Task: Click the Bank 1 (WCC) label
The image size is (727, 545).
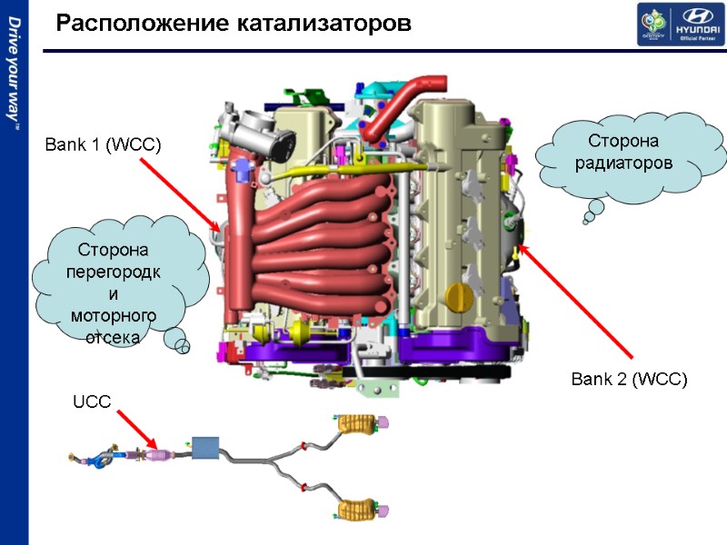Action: tap(103, 144)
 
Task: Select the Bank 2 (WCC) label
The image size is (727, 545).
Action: tap(629, 379)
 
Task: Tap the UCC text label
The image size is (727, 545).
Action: tap(91, 401)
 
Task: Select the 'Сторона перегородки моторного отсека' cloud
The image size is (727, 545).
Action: tap(113, 282)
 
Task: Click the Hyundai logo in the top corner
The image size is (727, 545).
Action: tap(696, 24)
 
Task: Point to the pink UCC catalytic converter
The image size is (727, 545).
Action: tap(157, 452)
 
